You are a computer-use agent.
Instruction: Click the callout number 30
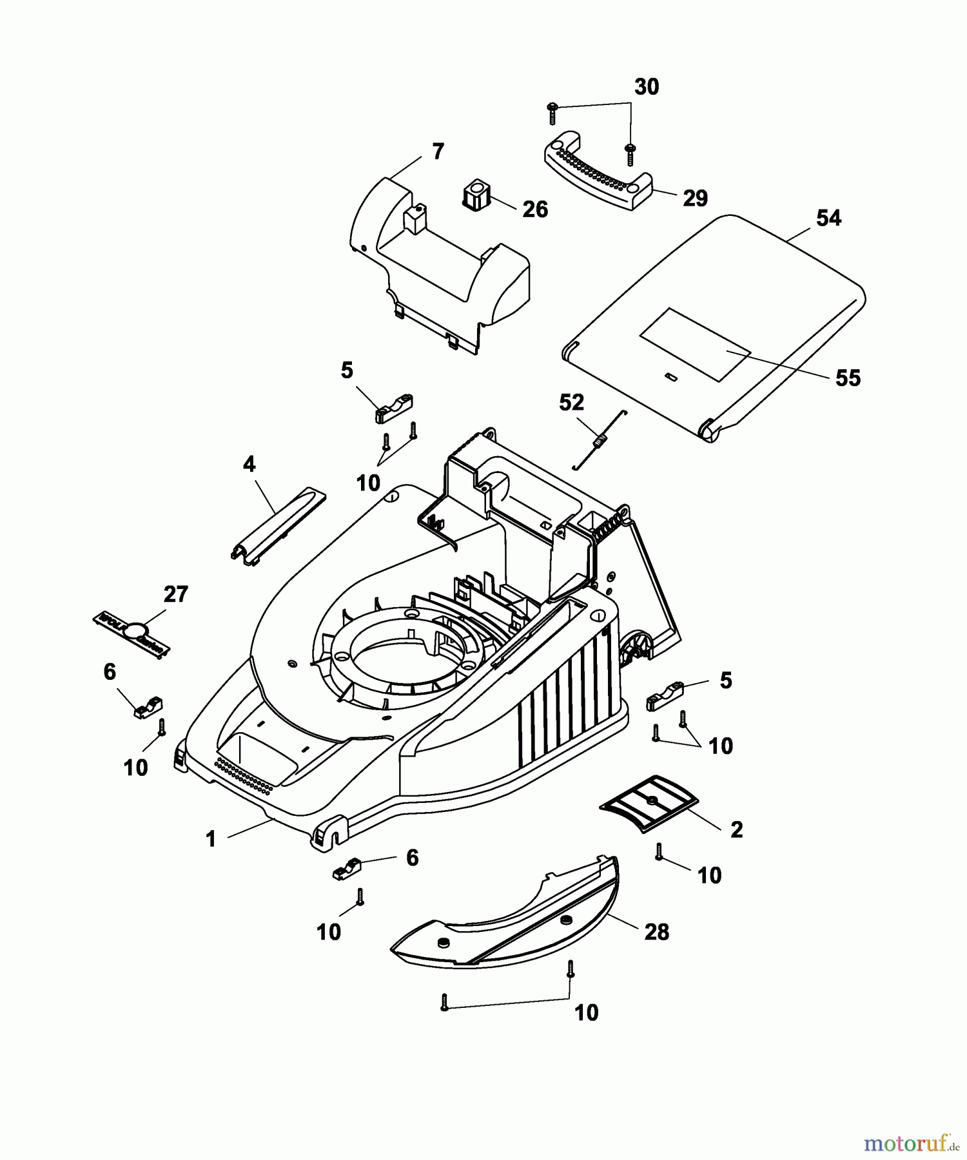[x=647, y=87]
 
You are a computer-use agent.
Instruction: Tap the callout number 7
[x=438, y=152]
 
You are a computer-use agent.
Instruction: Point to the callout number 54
[x=828, y=218]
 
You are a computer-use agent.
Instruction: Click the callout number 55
[x=848, y=378]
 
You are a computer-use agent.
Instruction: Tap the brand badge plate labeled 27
[x=132, y=632]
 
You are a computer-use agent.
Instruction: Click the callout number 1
[x=210, y=840]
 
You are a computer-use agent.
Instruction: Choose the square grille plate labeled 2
[x=650, y=803]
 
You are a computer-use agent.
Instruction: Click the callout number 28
[x=656, y=932]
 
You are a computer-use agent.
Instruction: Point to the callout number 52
[x=571, y=403]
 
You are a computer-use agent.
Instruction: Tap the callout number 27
[x=175, y=594]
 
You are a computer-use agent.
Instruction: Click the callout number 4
[x=249, y=463]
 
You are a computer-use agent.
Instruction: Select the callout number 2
[x=736, y=829]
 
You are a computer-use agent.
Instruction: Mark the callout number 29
[x=695, y=198]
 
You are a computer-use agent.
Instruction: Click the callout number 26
[x=535, y=209]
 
